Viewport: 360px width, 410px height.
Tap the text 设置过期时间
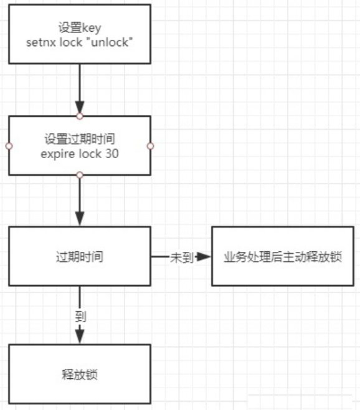click(79, 138)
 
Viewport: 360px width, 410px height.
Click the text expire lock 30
click(79, 152)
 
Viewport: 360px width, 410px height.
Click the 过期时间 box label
click(79, 256)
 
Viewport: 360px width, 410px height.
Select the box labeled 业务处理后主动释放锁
click(283, 256)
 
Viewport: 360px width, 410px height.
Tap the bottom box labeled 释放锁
click(79, 375)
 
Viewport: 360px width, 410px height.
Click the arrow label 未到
click(181, 257)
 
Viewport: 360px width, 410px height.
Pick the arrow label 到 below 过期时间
click(80, 316)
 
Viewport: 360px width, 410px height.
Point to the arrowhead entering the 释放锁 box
click(79, 337)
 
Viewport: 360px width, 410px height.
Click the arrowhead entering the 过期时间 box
click(79, 219)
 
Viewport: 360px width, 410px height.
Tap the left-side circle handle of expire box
click(8, 146)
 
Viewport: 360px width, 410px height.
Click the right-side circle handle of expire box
click(150, 146)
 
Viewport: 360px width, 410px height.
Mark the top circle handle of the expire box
click(79, 116)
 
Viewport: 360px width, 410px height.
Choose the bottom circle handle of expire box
click(79, 175)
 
